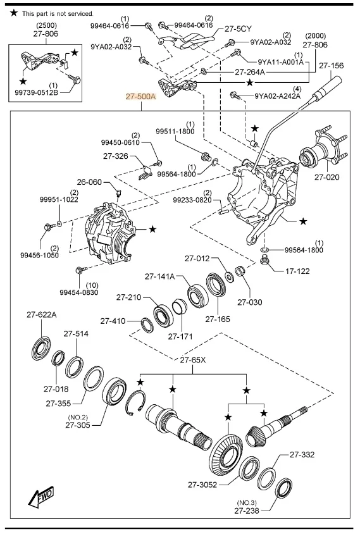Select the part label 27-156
point(331,65)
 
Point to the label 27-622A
point(42,314)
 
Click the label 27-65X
point(193,361)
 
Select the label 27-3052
point(203,485)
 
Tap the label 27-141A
point(159,276)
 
